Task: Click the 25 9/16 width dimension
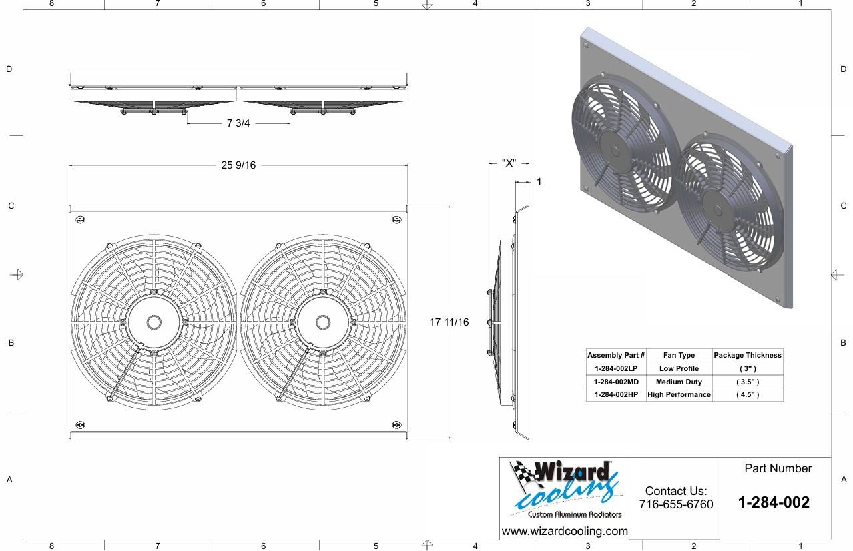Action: pos(238,165)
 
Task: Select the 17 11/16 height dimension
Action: pos(449,322)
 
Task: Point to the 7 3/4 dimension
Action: pos(238,123)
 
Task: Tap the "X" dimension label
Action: pos(509,163)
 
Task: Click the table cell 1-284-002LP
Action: pos(615,368)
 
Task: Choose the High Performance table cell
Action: pos(679,394)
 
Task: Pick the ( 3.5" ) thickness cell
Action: pos(747,382)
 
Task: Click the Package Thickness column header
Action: pos(747,355)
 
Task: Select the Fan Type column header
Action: pos(679,355)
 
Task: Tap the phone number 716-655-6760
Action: pos(675,504)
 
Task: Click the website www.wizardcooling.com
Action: pos(564,531)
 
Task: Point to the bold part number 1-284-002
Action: pos(774,502)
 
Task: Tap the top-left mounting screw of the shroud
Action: pos(81,220)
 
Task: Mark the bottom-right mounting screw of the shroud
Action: pos(397,425)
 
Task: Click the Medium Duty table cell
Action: pos(679,382)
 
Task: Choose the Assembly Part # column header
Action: pos(615,355)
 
